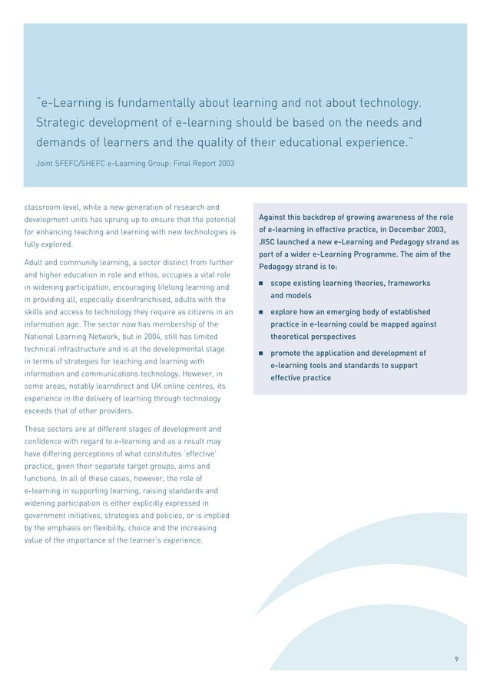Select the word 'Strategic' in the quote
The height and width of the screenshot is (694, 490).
[63, 123]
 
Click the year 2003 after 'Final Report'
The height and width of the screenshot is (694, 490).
[223, 164]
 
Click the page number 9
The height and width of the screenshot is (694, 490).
[456, 659]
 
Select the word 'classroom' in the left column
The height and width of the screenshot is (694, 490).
[41, 208]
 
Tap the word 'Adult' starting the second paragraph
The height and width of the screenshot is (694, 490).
[35, 263]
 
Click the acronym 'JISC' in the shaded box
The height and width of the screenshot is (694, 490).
[269, 241]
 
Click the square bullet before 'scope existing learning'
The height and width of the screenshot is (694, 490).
[261, 284]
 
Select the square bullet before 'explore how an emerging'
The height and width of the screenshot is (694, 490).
[261, 313]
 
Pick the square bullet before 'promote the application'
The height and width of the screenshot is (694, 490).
[261, 354]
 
